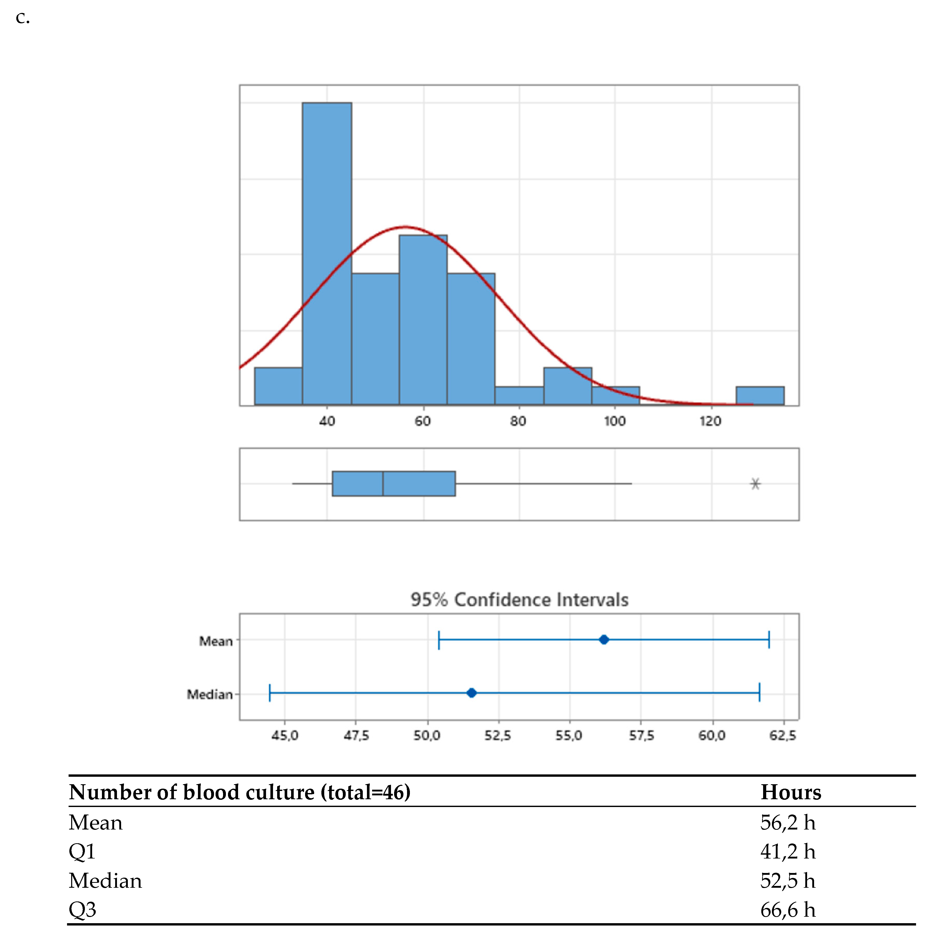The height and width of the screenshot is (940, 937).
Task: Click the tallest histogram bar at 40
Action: point(327,253)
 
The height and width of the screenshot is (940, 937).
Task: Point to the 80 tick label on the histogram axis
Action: point(518,421)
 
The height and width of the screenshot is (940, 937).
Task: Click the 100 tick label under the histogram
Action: point(615,421)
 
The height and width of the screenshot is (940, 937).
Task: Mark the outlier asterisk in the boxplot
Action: point(755,484)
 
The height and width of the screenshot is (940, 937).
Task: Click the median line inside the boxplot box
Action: point(383,484)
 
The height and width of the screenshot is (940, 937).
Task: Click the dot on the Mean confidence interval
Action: point(604,640)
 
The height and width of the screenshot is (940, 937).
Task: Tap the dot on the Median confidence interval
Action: point(471,693)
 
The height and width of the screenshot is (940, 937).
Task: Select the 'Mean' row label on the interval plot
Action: point(216,641)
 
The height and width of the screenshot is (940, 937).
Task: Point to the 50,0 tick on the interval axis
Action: point(427,735)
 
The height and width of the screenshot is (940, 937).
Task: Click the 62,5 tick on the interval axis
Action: point(782,735)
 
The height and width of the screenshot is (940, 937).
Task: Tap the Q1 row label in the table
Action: point(82,852)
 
